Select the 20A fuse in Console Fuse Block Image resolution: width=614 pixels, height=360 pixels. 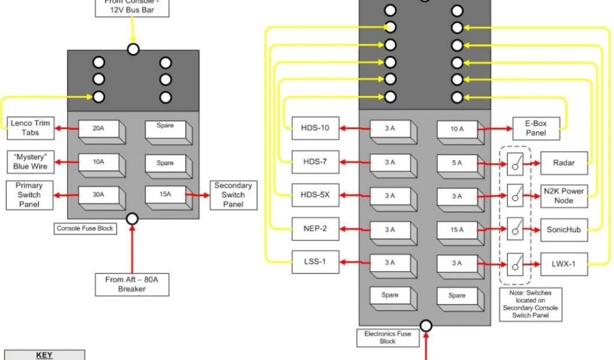coord(98,128)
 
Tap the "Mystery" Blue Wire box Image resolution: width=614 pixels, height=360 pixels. coord(30,162)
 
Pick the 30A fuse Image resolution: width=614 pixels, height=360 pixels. coord(98,196)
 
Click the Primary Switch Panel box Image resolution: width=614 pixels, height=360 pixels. coord(29,195)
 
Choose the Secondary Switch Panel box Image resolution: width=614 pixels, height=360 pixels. coord(233,195)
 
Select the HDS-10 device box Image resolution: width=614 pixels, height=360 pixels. coord(315,128)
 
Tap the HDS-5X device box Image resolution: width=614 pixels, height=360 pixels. coord(315,196)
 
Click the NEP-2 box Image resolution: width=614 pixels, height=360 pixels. coord(315,229)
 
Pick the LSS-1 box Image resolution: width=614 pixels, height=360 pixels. coord(315,263)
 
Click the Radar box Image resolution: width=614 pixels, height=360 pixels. coord(564,163)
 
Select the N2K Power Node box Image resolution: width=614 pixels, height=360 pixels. coord(564,196)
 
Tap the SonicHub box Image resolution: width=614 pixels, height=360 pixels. coord(564,230)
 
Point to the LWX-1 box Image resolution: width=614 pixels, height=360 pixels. coord(564,263)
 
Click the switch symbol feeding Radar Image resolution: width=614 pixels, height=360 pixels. coord(514,163)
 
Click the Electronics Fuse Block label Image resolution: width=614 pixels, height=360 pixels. coord(388,337)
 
